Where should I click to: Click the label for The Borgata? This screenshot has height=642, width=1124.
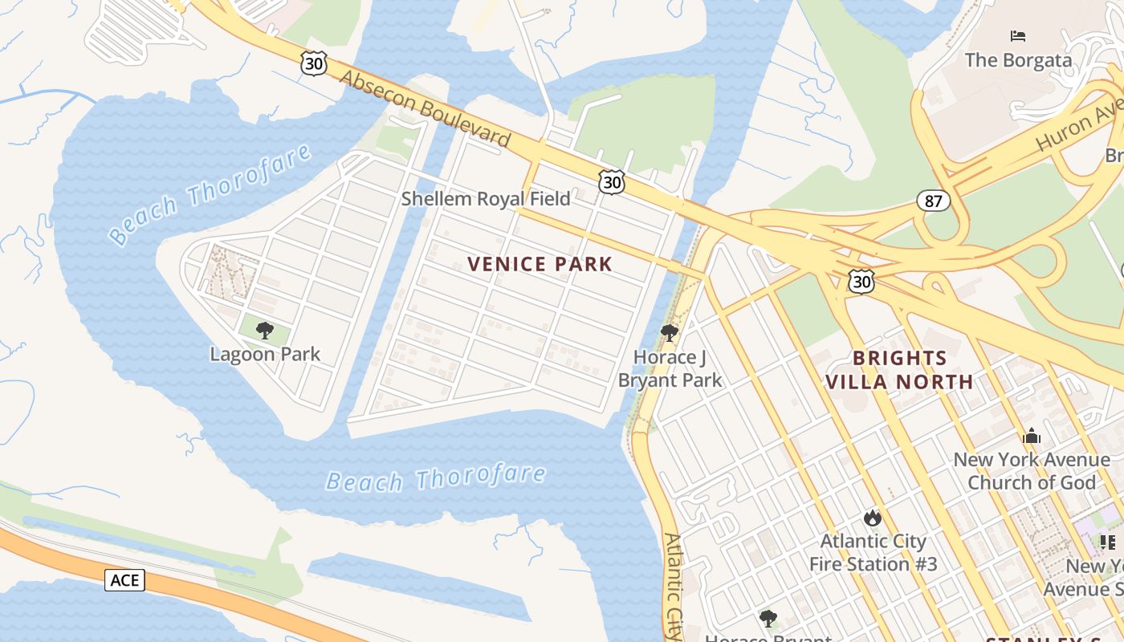click(1018, 60)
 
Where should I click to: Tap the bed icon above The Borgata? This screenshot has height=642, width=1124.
click(1018, 36)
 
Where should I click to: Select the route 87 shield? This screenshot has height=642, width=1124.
click(933, 201)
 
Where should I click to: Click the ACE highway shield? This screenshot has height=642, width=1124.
click(124, 579)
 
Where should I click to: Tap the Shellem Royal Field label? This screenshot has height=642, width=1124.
click(486, 199)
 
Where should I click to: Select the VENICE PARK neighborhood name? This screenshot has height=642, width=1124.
click(540, 264)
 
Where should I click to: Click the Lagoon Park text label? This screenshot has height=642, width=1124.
click(265, 354)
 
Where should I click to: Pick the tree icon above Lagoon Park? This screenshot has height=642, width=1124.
click(265, 331)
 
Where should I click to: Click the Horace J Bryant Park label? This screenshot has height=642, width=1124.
click(670, 368)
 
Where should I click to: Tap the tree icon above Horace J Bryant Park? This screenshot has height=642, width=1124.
click(669, 332)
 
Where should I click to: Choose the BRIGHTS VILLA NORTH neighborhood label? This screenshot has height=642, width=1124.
click(900, 370)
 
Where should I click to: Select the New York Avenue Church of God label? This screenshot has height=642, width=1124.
click(1032, 471)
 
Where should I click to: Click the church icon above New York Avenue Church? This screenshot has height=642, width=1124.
click(1032, 437)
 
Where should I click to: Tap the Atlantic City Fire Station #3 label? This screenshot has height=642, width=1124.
click(873, 553)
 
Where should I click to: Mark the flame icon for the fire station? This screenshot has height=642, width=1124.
click(873, 518)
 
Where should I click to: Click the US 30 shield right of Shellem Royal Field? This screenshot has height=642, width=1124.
click(612, 183)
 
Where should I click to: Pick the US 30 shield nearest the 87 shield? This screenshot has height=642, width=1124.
click(861, 281)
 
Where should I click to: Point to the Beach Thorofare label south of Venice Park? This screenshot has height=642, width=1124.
click(435, 478)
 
